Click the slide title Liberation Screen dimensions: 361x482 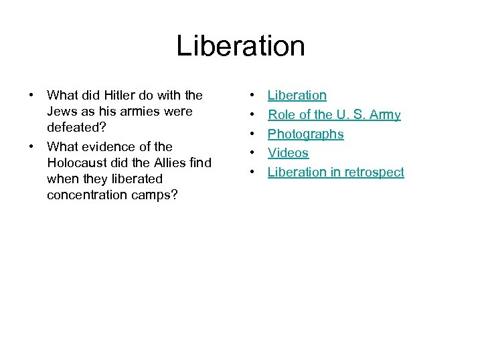pyautogui.click(x=241, y=46)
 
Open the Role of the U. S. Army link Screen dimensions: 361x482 pyautogui.click(x=334, y=115)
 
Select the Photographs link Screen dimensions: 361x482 pyautogui.click(x=305, y=134)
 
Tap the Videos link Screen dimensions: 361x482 pyautogui.click(x=288, y=153)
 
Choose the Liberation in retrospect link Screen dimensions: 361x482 pyautogui.click(x=335, y=172)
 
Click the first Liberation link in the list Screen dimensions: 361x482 pyautogui.click(x=297, y=96)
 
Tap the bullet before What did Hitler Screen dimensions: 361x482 pyautogui.click(x=31, y=96)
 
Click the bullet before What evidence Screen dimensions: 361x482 pyautogui.click(x=31, y=146)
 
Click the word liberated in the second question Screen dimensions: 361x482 pyautogui.click(x=137, y=179)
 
